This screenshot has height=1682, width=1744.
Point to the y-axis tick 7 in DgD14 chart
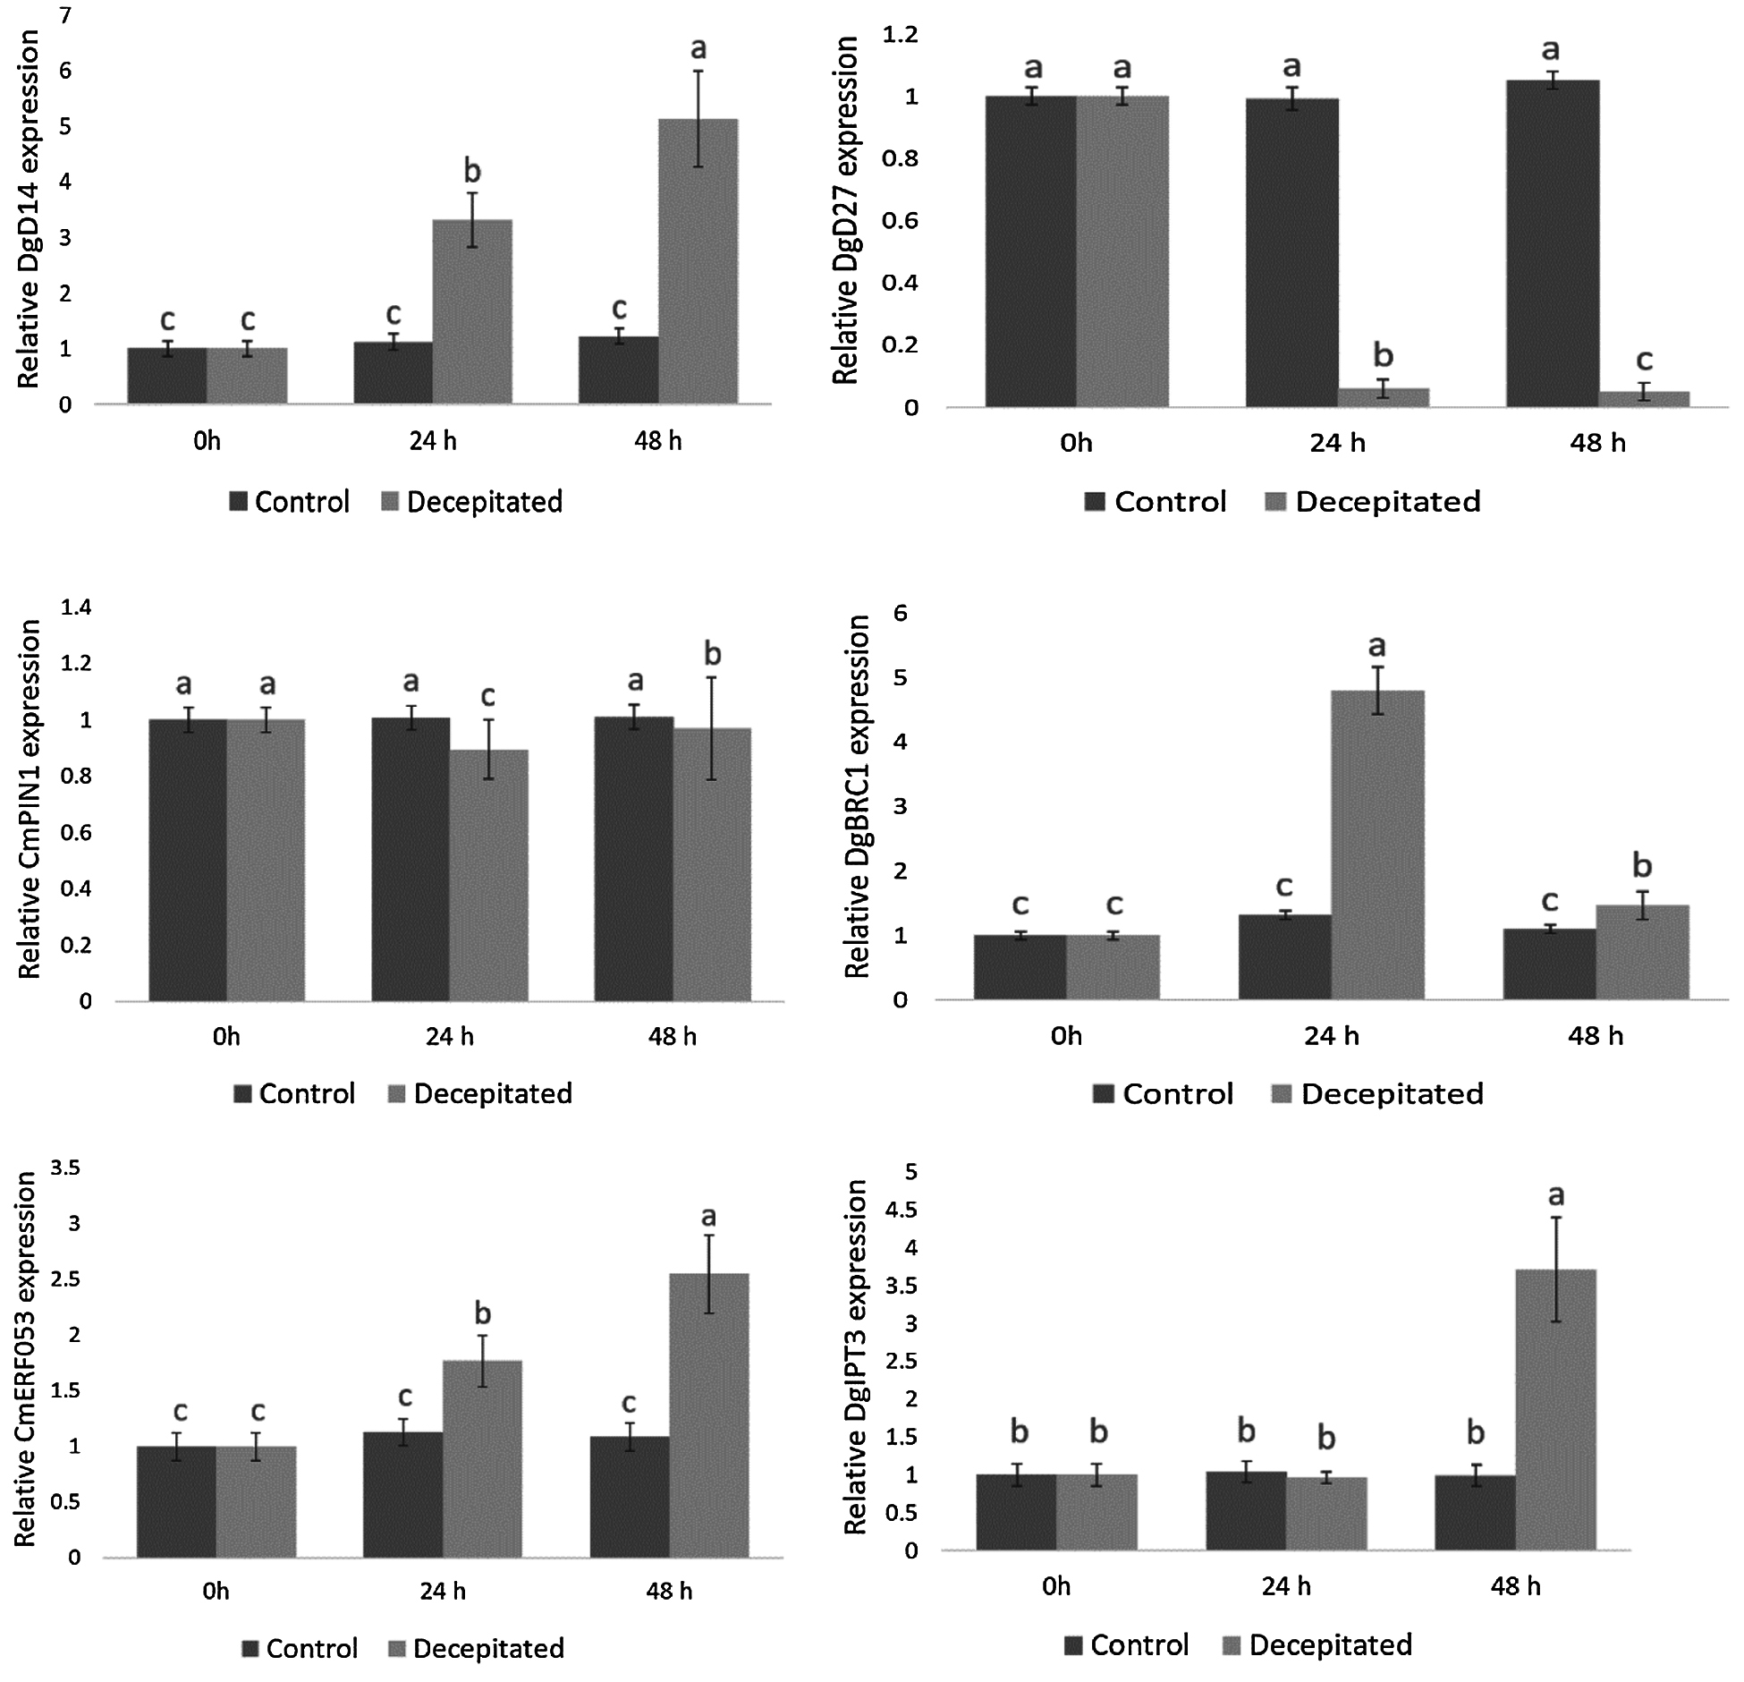[65, 16]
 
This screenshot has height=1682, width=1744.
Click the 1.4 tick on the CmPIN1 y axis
[75, 608]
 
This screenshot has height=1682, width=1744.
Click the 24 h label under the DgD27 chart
[1337, 443]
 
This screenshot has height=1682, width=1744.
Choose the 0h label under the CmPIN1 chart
[226, 1036]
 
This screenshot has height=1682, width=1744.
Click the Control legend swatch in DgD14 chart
[238, 502]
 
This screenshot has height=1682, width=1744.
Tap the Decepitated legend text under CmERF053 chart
[488, 1648]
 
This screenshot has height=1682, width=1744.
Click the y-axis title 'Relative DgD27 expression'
[845, 210]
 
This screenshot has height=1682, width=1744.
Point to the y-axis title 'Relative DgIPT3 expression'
[856, 1355]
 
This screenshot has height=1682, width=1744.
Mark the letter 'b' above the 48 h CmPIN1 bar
[712, 654]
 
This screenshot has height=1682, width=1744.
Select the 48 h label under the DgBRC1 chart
[1595, 1036]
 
